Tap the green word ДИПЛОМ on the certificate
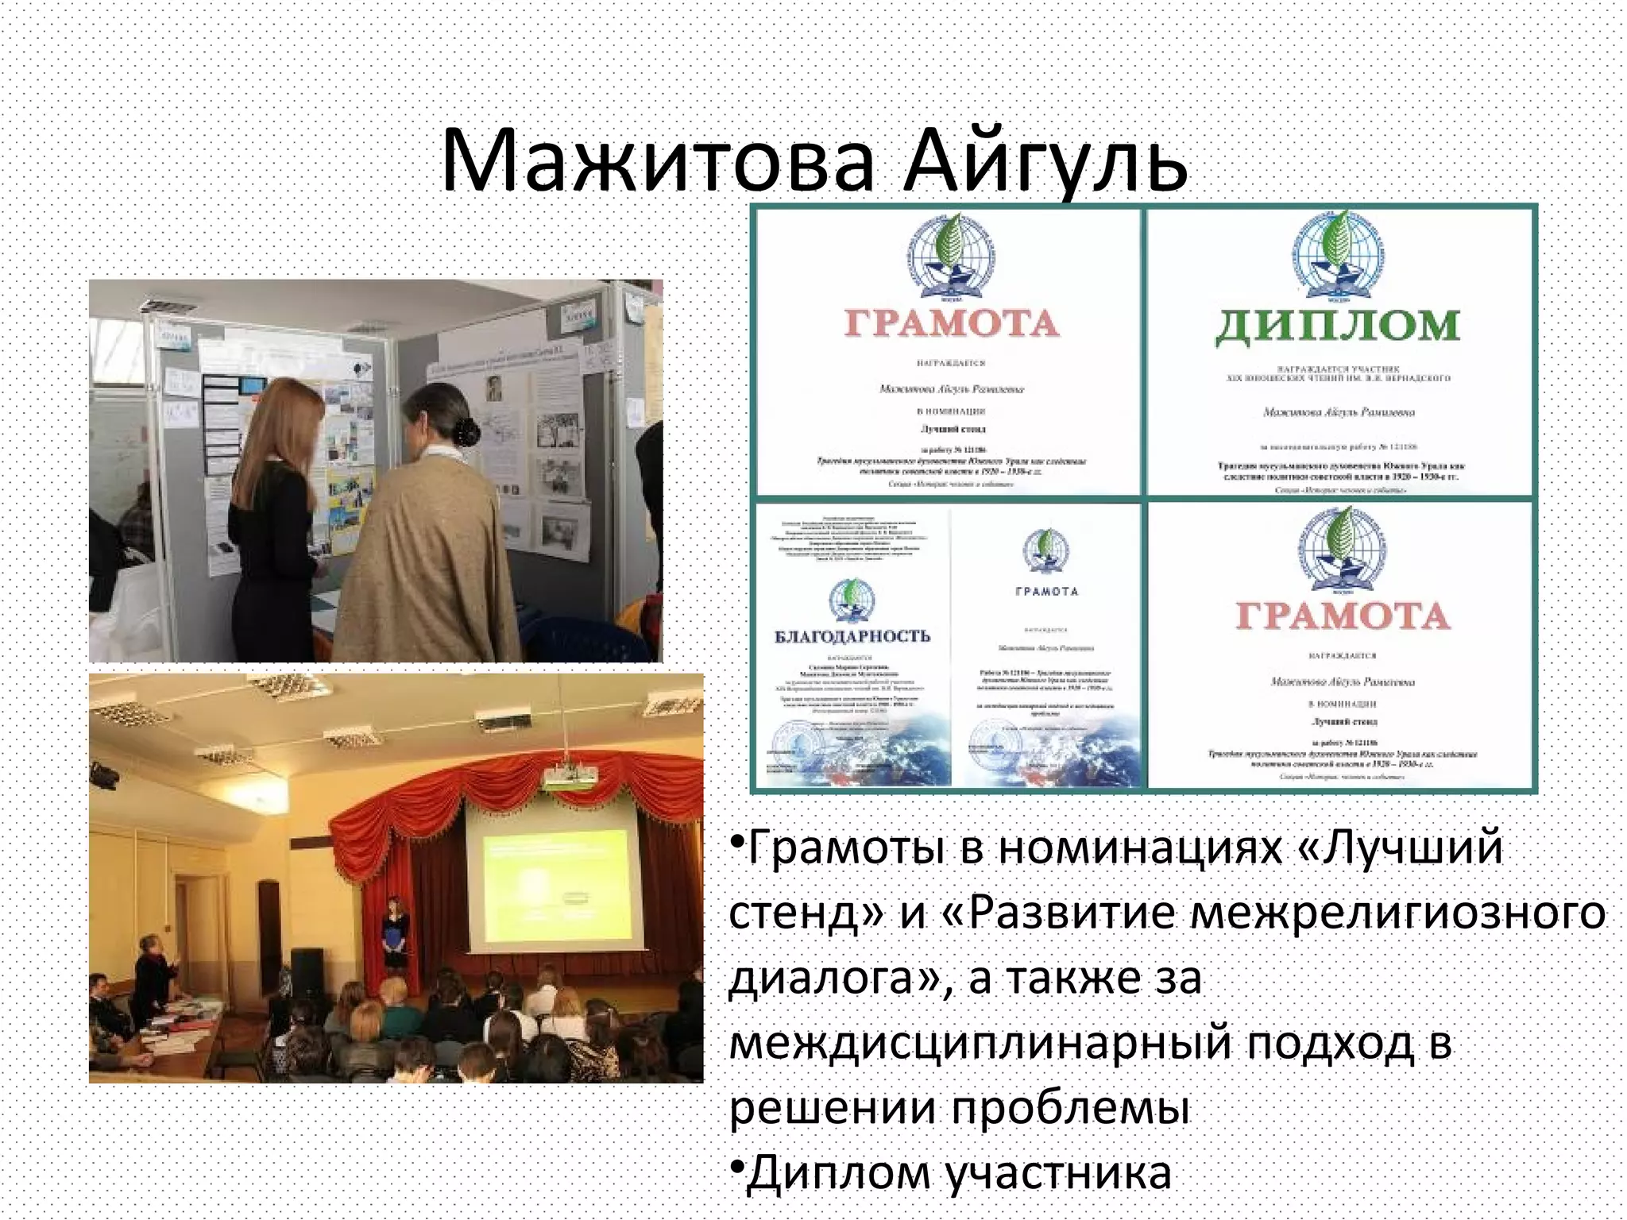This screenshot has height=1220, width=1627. [1338, 326]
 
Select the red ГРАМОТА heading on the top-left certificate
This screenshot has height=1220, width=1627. [952, 324]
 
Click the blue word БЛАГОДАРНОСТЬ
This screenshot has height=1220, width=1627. [852, 636]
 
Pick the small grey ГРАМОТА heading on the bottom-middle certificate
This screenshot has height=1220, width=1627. [1046, 592]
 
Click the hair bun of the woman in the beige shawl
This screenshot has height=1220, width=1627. [466, 431]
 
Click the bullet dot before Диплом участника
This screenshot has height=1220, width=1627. [736, 1165]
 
